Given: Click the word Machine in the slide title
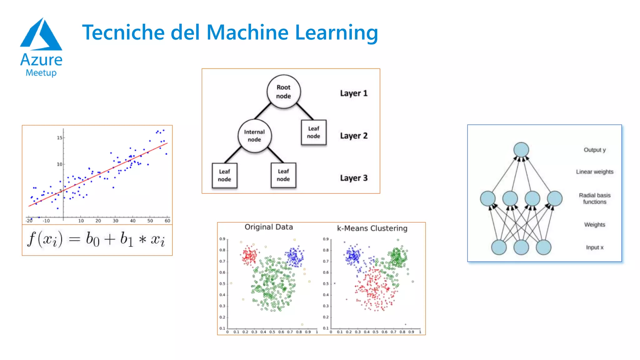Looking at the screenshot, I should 247,32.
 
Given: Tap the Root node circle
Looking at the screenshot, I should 283,92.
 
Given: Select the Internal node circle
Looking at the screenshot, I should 254,136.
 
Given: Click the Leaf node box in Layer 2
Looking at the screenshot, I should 313,132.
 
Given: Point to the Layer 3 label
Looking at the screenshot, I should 353,178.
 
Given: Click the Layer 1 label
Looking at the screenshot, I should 353,93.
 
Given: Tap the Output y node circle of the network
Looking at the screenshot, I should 521,150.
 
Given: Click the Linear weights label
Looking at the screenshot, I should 594,172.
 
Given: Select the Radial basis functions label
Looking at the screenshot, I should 594,198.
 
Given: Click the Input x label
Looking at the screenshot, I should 594,247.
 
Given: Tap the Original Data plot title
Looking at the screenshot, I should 268,227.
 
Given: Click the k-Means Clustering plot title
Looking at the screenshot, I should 372,228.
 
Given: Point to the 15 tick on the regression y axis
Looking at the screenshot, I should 59,138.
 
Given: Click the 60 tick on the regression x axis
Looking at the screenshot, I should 167,221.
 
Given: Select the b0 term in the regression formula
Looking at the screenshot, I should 92,240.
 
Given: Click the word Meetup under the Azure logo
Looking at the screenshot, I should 41,73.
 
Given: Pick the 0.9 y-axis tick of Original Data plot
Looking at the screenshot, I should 222,239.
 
